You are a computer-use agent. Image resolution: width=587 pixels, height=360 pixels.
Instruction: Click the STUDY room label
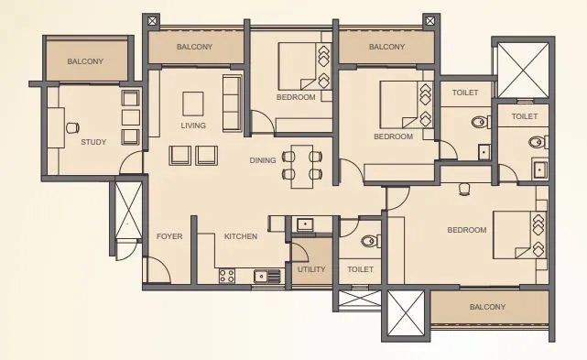point(93,142)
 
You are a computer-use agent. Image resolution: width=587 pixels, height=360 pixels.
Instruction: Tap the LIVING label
point(193,125)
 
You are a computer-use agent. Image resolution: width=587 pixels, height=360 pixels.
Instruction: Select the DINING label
point(263,160)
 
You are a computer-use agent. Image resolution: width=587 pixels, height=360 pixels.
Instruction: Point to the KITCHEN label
point(241,236)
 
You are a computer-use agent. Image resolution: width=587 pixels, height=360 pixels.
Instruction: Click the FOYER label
point(168,236)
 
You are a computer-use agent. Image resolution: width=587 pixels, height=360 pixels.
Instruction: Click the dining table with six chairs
point(302,165)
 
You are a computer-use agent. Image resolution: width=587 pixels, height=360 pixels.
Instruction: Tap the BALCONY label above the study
point(85,61)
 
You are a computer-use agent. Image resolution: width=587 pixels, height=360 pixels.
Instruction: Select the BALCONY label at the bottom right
point(487,308)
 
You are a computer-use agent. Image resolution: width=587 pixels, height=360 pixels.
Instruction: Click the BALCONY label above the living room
point(194,46)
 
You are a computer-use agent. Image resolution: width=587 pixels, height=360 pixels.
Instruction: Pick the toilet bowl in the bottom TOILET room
point(368,242)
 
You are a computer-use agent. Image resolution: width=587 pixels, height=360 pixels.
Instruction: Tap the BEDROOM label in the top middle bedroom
point(296,96)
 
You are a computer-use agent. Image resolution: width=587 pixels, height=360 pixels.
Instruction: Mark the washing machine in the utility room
point(304,224)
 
